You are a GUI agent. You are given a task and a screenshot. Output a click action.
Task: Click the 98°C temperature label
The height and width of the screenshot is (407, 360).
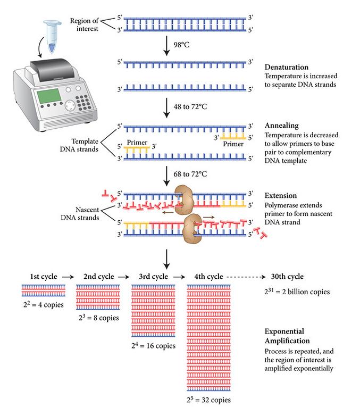tap(181, 45)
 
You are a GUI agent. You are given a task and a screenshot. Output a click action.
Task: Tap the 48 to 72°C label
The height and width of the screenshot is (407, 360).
tap(190, 106)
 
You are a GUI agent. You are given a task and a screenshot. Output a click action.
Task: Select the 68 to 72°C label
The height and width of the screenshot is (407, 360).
tap(190, 174)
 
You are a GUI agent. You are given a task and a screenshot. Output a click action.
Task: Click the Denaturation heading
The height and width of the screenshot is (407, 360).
tap(287, 67)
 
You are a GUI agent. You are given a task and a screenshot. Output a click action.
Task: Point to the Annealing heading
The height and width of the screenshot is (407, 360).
tap(282, 126)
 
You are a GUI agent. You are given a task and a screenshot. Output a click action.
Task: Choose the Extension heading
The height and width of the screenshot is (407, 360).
tap(281, 195)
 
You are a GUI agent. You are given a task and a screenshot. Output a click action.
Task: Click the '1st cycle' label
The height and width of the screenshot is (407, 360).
tap(44, 277)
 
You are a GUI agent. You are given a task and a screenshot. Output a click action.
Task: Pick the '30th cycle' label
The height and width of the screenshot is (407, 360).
tap(287, 277)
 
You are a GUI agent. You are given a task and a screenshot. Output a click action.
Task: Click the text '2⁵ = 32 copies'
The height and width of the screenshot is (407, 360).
tap(208, 400)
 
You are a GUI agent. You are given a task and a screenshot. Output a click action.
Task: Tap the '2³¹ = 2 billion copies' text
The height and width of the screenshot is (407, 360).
tap(297, 292)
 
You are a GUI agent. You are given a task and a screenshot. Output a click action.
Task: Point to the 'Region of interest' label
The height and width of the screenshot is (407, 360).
tap(85, 24)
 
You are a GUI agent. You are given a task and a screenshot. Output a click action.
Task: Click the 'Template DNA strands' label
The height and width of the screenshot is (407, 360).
tap(79, 145)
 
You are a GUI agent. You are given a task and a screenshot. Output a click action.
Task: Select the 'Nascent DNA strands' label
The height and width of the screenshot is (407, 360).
tap(80, 213)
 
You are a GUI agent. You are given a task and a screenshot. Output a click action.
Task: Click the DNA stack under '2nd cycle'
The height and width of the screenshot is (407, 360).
tap(98, 297)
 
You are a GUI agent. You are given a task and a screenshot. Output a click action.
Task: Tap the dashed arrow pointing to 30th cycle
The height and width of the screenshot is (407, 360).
tap(246, 277)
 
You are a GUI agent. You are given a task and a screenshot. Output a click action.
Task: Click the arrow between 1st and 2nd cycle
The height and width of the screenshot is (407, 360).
tap(68, 277)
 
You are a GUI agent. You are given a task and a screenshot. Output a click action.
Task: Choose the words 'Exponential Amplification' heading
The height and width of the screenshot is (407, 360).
tap(287, 336)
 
